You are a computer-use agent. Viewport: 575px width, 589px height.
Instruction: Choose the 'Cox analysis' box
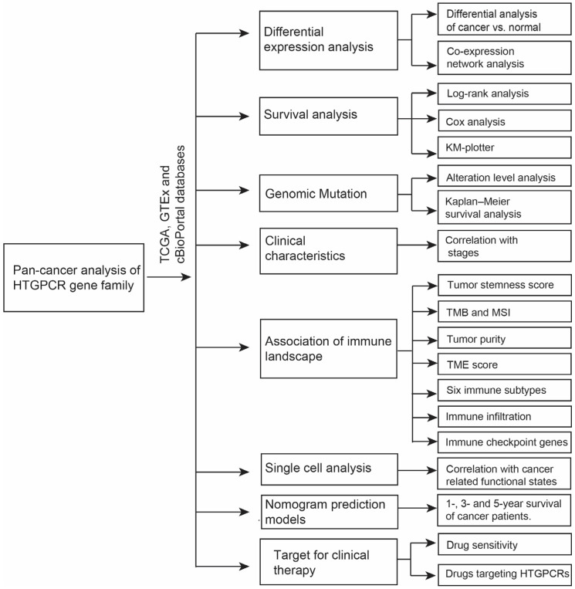click(502, 121)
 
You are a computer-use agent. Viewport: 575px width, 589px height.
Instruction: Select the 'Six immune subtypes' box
click(502, 391)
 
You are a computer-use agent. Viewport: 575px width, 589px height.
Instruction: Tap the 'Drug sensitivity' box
click(502, 545)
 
